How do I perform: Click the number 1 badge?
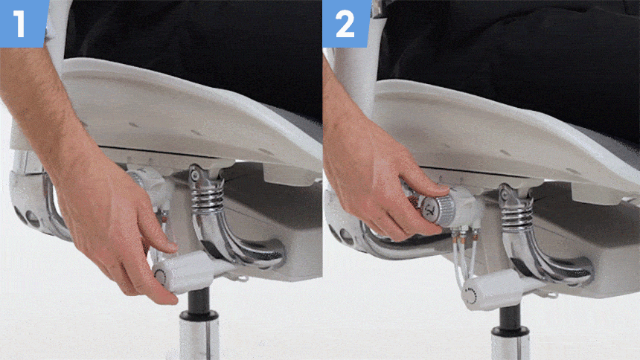coord(22,22)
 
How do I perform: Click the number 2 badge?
coord(346,22)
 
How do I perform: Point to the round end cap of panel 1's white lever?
coord(160,277)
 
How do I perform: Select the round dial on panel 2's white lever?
coord(471,296)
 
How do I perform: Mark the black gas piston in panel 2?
coord(509,315)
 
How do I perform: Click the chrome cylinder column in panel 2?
coord(511,347)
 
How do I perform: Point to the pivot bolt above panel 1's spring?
coord(196,175)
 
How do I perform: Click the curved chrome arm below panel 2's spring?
coord(543,261)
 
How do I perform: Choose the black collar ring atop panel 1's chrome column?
coord(199,315)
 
